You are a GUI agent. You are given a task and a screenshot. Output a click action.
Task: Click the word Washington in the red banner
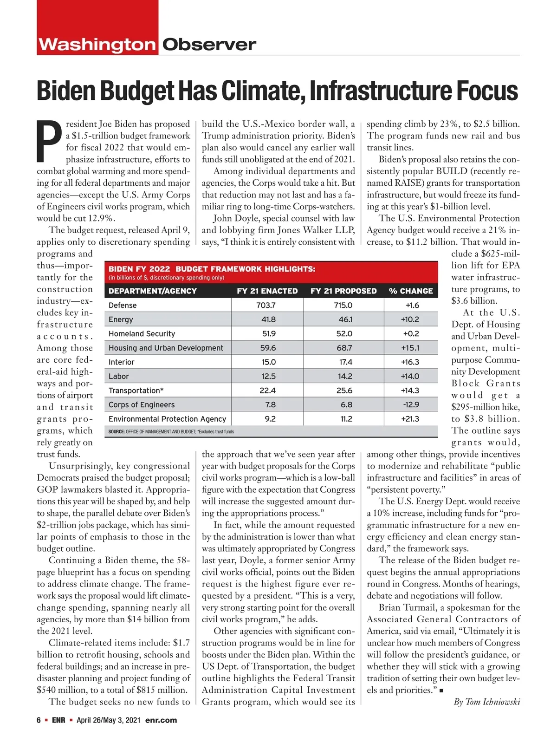click(97, 45)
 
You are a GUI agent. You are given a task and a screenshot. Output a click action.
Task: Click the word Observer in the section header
click(209, 45)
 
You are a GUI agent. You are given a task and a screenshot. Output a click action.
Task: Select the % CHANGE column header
click(411, 291)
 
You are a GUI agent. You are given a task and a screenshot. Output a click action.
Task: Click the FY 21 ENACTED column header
click(267, 291)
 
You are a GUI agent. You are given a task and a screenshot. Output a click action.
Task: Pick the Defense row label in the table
click(123, 305)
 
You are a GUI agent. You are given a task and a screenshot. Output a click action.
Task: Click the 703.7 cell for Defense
click(266, 305)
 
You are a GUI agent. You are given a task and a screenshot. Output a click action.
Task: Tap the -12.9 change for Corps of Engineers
click(411, 404)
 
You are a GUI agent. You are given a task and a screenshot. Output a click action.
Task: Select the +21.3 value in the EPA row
click(410, 419)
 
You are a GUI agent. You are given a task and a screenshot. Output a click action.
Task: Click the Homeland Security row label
click(142, 333)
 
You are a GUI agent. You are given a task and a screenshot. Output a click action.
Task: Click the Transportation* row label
click(136, 391)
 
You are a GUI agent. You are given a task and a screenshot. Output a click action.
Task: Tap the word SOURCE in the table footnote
click(116, 432)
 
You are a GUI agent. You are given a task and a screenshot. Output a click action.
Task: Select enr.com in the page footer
click(161, 720)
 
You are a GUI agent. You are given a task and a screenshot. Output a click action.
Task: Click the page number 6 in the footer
click(39, 720)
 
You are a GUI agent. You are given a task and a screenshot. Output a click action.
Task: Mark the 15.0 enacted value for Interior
click(268, 362)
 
